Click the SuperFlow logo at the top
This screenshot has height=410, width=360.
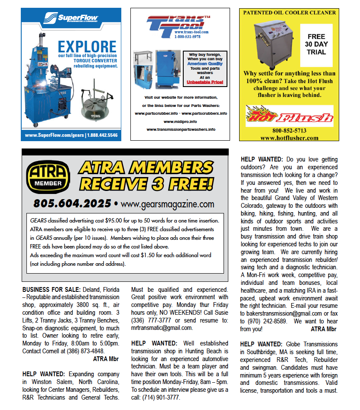point(71,19)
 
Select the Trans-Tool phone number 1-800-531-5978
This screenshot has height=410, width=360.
point(187,37)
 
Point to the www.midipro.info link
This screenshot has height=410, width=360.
point(180,121)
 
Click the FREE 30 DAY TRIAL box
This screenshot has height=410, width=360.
point(316,44)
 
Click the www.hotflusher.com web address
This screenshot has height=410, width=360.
point(289,138)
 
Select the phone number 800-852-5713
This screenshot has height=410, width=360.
point(289,131)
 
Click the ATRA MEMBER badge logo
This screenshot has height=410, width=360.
point(48,177)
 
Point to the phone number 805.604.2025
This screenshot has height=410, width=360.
point(72,203)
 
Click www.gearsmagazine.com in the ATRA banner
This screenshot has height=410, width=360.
point(167,203)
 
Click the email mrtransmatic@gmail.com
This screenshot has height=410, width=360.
point(162,328)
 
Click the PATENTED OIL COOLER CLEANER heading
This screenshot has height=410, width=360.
point(289,13)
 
